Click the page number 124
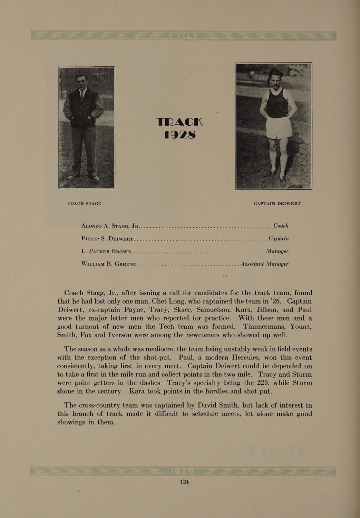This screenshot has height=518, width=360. coord(184,482)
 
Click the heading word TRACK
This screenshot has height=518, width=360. coord(179,122)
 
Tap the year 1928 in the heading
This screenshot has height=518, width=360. coord(179,134)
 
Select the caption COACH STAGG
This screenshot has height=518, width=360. coord(85,203)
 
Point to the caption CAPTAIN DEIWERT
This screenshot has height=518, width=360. coord(277,203)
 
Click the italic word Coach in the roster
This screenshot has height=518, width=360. coord(281,226)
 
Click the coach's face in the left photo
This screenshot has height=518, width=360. coord(82,81)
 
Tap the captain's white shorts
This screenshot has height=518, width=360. coord(279,128)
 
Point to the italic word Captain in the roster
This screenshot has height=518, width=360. coord(278,239)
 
